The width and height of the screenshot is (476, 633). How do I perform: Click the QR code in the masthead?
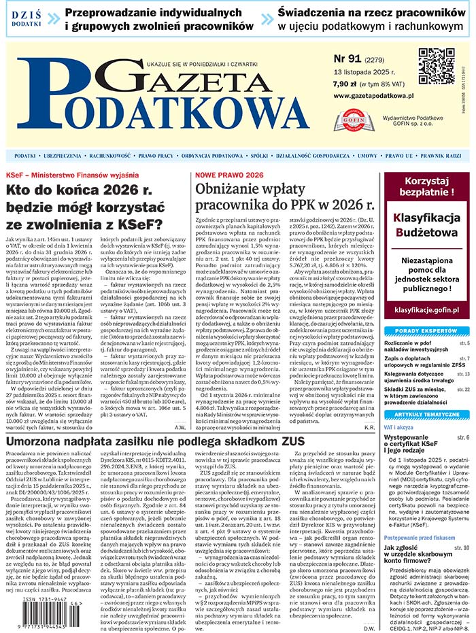click(436, 66)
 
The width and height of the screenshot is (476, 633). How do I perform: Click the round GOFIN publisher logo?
click(353, 120)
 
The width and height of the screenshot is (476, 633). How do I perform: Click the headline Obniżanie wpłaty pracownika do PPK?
click(285, 195)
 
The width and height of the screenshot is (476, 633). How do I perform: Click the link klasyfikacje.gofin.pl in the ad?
click(424, 307)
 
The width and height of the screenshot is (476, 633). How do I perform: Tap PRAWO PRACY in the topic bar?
click(156, 156)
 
